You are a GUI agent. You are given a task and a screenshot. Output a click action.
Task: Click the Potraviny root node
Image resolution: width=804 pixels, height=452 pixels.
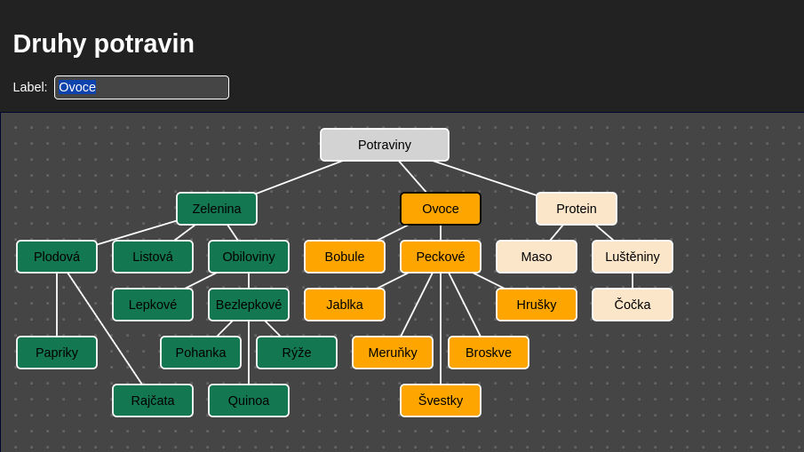pyautogui.click(x=385, y=145)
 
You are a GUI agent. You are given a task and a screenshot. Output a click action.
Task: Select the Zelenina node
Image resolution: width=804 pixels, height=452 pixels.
pyautogui.click(x=217, y=209)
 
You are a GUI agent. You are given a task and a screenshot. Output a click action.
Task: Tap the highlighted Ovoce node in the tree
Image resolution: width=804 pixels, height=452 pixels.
pyautogui.click(x=441, y=209)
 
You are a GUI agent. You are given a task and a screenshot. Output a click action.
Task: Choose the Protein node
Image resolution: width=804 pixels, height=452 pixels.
pyautogui.click(x=577, y=209)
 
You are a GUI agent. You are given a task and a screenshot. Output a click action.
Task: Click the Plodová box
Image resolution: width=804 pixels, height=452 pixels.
pyautogui.click(x=57, y=257)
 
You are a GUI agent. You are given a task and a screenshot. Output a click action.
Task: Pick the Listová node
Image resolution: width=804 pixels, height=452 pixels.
pyautogui.click(x=153, y=257)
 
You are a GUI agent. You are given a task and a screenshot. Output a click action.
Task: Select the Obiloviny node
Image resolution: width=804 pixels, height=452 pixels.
pyautogui.click(x=249, y=257)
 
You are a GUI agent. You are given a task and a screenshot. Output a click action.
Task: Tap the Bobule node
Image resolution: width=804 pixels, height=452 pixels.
pyautogui.click(x=345, y=257)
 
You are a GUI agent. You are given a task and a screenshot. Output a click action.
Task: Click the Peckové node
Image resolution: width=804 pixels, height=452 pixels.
pyautogui.click(x=441, y=257)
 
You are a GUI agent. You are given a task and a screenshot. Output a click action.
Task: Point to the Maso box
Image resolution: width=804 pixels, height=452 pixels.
pyautogui.click(x=537, y=257)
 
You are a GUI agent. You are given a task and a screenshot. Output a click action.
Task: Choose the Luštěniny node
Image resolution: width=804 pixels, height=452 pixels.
pyautogui.click(x=633, y=257)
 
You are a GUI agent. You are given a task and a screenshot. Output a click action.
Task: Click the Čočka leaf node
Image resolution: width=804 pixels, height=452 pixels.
pyautogui.click(x=633, y=305)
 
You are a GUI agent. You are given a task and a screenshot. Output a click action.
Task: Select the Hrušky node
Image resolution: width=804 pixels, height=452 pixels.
pyautogui.click(x=537, y=305)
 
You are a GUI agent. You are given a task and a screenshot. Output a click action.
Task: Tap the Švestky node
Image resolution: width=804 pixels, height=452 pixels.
pyautogui.click(x=441, y=400)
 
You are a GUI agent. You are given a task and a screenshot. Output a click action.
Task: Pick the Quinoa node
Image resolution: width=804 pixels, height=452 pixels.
pyautogui.click(x=249, y=400)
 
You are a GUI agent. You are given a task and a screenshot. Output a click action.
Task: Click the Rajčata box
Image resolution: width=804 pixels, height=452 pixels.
pyautogui.click(x=153, y=400)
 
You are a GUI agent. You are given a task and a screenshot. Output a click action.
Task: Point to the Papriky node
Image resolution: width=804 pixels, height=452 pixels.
pyautogui.click(x=57, y=353)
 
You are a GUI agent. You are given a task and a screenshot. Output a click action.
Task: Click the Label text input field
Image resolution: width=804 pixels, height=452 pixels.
pyautogui.click(x=160, y=87)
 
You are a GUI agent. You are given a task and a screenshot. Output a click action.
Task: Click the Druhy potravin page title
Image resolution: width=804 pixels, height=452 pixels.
pyautogui.click(x=104, y=44)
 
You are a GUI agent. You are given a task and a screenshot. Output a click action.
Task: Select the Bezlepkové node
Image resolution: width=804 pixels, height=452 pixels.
pyautogui.click(x=249, y=305)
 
